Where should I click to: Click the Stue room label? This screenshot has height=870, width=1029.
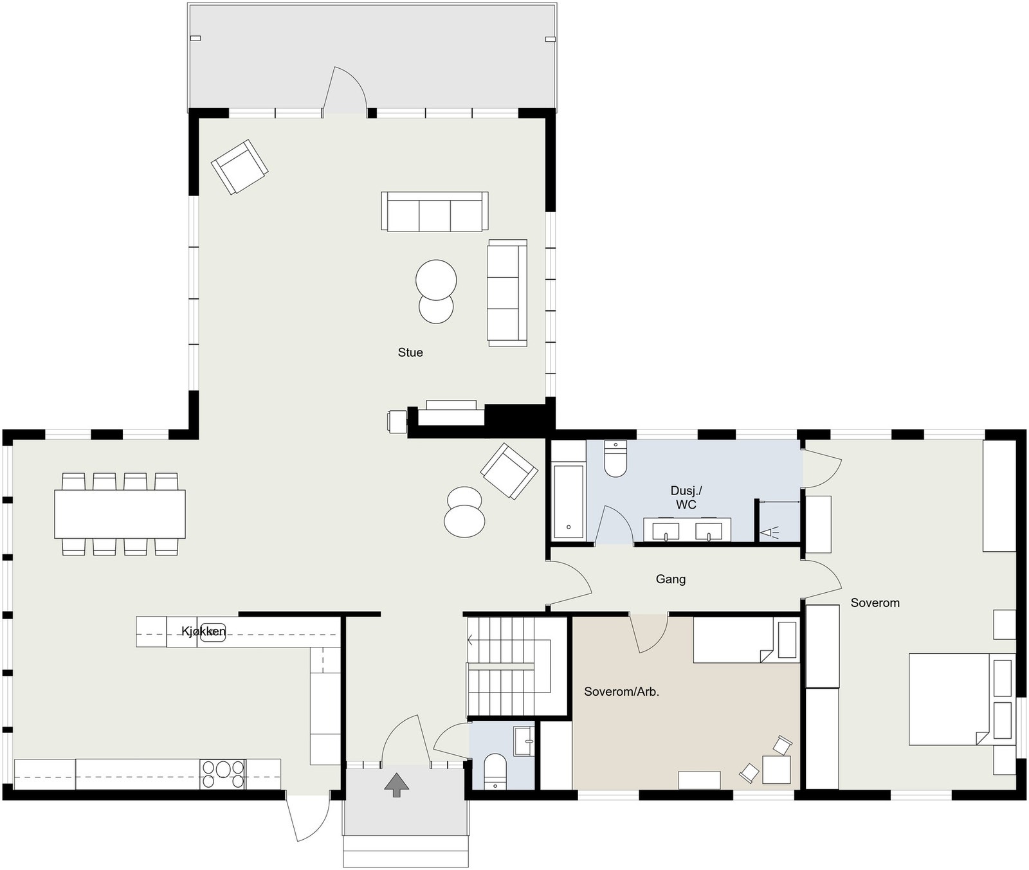tap(410, 352)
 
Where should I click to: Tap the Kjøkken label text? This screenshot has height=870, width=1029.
tap(203, 631)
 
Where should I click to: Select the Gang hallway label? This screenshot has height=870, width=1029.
tap(671, 579)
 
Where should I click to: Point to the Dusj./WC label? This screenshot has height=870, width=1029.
tap(686, 498)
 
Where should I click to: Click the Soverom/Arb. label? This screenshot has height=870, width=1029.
tap(622, 692)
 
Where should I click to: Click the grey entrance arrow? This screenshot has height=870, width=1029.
tap(396, 785)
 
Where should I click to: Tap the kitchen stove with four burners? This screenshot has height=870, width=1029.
tap(223, 774)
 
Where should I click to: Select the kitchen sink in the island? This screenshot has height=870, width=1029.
tap(213, 632)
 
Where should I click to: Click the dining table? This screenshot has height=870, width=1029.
tap(120, 514)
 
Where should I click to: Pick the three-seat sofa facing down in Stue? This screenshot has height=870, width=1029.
tap(435, 212)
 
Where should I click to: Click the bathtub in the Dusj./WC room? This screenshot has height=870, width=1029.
tap(569, 502)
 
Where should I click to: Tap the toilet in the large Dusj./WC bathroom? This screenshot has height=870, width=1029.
tap(616, 458)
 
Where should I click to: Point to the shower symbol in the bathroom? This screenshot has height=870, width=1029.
tap(770, 532)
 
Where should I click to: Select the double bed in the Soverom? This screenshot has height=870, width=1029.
tap(961, 699)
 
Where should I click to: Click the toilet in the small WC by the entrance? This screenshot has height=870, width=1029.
tap(495, 771)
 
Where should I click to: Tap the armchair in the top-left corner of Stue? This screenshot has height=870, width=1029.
tap(240, 167)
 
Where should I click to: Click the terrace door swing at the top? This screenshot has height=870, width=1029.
tap(345, 91)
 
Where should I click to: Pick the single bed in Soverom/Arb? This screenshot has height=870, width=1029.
tap(746, 640)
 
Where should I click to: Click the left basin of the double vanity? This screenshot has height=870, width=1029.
tap(666, 532)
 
